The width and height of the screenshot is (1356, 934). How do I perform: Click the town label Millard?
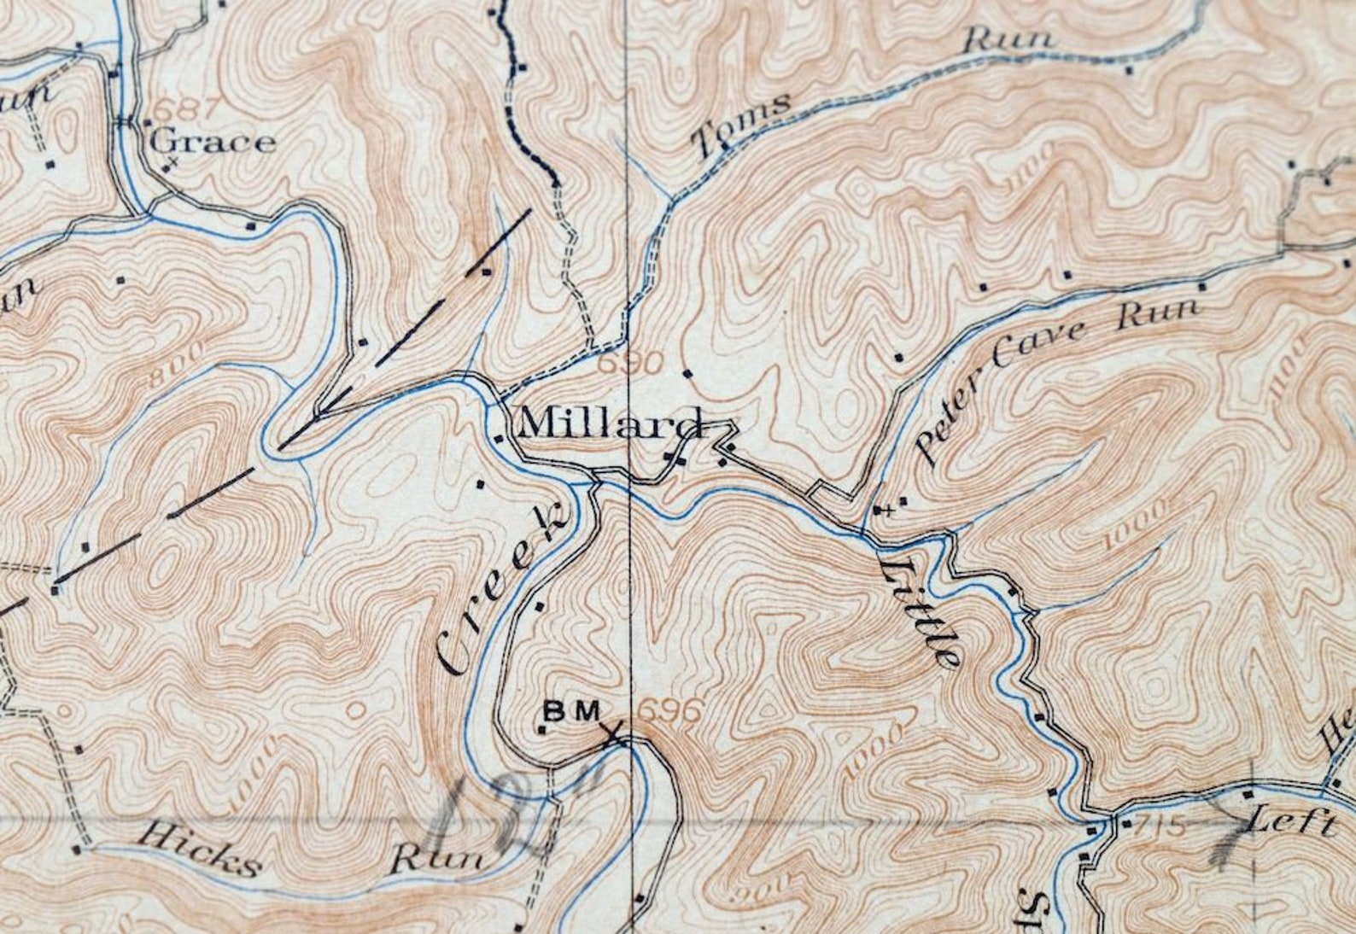click(x=611, y=423)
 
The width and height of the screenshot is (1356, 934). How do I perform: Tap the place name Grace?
click(x=213, y=142)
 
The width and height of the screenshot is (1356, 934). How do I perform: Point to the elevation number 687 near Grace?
click(x=180, y=110)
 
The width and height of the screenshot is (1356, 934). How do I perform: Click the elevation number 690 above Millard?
click(x=630, y=365)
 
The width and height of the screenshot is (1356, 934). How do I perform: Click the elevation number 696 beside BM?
click(x=670, y=711)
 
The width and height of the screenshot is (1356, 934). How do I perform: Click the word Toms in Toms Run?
click(x=741, y=126)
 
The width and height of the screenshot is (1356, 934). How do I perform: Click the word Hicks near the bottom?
click(x=200, y=849)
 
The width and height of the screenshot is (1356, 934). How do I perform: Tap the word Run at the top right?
click(x=1009, y=40)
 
